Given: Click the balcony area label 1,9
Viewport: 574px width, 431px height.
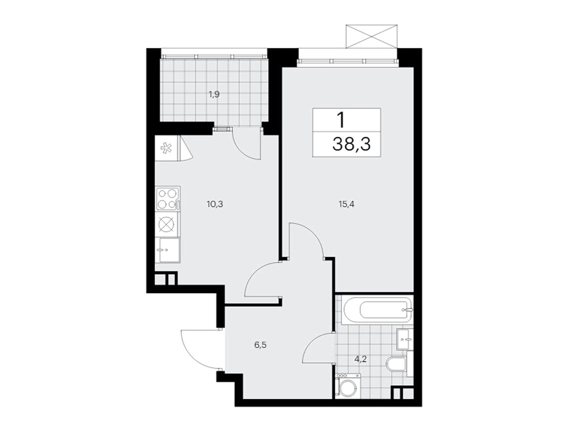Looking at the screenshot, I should (214, 95).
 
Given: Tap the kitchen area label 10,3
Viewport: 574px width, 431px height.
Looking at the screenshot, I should (215, 204).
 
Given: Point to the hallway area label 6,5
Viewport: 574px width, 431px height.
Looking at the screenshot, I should (260, 345).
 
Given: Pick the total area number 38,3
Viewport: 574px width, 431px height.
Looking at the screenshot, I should (351, 145).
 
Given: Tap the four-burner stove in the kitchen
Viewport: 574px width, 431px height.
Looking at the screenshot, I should (168, 198).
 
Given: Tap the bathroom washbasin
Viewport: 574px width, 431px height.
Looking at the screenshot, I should (405, 338).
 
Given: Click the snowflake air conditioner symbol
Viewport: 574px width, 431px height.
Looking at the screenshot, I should (165, 148).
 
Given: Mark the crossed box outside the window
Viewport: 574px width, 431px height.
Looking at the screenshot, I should (372, 36).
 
